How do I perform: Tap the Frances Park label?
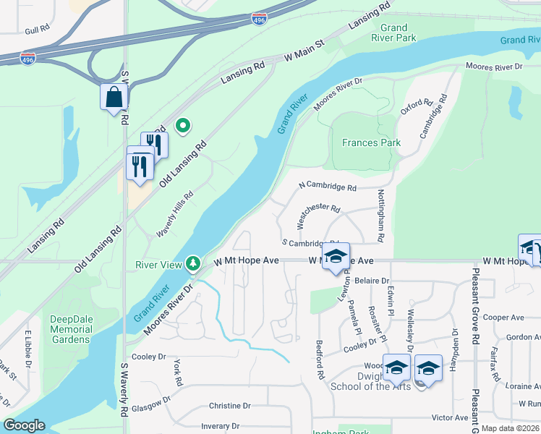pos(371,142)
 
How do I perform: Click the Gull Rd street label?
pos(36,30)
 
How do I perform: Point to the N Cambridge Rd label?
pos(328,187)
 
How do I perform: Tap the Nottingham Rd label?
pos(380,216)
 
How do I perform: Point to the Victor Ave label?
pos(449,417)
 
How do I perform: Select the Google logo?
pos(23,425)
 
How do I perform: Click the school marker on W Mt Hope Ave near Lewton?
pos(336,257)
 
